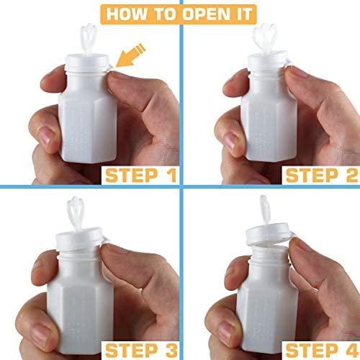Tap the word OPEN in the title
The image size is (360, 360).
(206, 14)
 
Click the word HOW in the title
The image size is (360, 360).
(127, 14)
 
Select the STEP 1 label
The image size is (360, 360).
(141, 176)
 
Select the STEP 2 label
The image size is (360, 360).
(322, 176)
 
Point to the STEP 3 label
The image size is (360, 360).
(141, 350)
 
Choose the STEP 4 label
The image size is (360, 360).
(322, 350)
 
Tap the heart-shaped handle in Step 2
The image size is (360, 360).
(264, 38)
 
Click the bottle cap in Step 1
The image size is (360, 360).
(88, 63)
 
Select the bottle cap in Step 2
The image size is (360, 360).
(269, 60)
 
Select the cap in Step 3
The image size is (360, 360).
(79, 239)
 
